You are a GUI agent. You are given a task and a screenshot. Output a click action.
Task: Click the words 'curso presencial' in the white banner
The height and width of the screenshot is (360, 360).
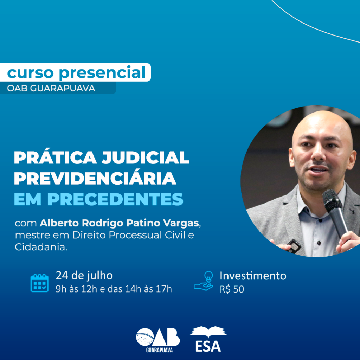pos(76,73)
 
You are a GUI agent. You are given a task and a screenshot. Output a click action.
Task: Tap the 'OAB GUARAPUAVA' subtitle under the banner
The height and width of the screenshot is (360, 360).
pos(51,88)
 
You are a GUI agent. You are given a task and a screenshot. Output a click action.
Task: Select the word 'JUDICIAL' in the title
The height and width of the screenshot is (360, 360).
pos(146,158)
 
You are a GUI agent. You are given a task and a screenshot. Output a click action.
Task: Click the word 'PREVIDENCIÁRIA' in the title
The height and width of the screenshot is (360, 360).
pos(95,178)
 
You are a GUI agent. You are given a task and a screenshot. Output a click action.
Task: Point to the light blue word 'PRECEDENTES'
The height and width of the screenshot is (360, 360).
pos(115,199)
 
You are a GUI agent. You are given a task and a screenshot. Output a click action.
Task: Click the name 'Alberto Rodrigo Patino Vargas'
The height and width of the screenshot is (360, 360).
pos(119,223)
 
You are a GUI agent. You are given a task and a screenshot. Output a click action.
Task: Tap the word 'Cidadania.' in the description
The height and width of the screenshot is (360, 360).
pos(41,247)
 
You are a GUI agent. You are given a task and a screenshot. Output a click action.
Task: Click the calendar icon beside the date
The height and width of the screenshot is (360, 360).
pos(39,283)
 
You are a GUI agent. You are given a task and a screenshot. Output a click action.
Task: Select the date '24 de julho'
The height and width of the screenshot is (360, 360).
pos(84,276)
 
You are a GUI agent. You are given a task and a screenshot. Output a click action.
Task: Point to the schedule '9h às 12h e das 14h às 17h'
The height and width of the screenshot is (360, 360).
pos(114,289)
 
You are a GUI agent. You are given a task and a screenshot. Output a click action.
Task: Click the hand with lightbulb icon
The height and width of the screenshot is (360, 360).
pos(204,281)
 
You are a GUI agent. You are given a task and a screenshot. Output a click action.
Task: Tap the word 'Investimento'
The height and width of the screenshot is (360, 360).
pos(253,276)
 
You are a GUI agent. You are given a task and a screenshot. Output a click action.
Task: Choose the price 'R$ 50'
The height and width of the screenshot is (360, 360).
pos(232,289)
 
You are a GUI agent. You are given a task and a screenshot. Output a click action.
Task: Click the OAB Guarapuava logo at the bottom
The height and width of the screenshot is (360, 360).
pos(158,340)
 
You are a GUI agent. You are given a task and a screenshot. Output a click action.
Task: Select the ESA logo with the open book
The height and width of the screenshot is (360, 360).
pos(208,339)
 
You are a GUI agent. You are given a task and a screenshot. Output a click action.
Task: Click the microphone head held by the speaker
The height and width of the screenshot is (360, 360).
pos(332,200)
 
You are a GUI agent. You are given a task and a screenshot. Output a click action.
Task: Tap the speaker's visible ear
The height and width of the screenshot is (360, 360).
pos(292,157)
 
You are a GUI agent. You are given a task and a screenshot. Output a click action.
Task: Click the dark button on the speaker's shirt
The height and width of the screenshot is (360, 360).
pos(319,243)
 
